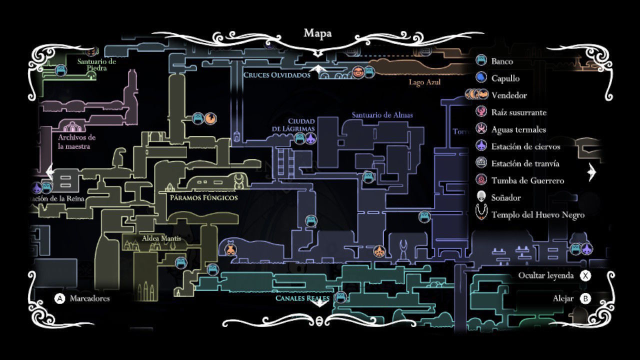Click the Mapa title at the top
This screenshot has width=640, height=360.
coord(317,33)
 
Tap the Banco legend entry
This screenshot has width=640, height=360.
coord(502,61)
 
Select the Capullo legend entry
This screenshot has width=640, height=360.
coord(505,78)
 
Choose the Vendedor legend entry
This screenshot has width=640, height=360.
coord(509,95)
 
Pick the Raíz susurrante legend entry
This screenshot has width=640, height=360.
coord(518,112)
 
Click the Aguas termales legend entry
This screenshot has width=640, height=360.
coord(518,129)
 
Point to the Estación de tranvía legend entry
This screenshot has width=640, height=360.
coord(525,163)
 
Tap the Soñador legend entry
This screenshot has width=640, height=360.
coord(506,197)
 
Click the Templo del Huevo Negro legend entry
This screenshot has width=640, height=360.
coord(537,214)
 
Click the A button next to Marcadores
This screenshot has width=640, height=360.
coord(59,298)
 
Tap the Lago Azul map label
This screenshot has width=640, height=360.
coord(424,82)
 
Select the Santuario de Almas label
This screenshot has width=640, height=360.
coord(382,115)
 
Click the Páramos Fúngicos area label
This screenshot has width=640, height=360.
coord(203,198)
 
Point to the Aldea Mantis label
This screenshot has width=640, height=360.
coord(161,238)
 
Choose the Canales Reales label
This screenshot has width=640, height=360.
coord(302,298)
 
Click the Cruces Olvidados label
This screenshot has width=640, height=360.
coord(276,75)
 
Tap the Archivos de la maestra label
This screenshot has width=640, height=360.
coord(76,142)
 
